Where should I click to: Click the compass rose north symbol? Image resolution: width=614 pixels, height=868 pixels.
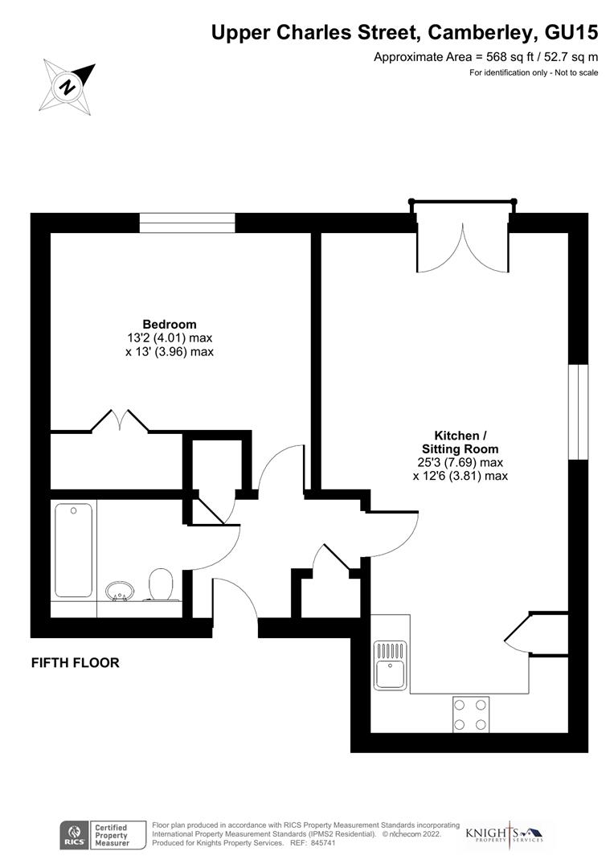point(68,85)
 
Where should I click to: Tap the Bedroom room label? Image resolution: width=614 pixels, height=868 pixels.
point(170,325)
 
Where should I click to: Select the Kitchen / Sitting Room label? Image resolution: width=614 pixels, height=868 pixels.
point(460,442)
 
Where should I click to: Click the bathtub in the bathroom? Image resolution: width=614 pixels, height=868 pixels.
point(73,551)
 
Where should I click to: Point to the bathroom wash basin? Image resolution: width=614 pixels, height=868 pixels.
point(121,592)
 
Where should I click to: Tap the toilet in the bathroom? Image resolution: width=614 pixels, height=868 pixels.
point(162,585)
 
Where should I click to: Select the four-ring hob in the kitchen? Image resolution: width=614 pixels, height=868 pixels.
point(471,714)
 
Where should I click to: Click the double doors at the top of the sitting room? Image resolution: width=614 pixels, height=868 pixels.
point(463,248)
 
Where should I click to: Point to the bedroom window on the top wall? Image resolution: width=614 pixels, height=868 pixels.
point(187,223)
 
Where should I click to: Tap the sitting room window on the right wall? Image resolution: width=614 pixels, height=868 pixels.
point(578,412)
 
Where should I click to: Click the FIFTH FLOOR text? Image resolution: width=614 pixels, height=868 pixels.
point(75,663)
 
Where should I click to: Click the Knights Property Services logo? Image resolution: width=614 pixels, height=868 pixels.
point(505,835)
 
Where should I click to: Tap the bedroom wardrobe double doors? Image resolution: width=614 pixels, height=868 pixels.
point(120,420)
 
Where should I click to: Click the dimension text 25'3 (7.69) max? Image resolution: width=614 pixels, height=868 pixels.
point(460,463)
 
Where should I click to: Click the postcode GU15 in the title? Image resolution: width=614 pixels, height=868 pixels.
point(571,33)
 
